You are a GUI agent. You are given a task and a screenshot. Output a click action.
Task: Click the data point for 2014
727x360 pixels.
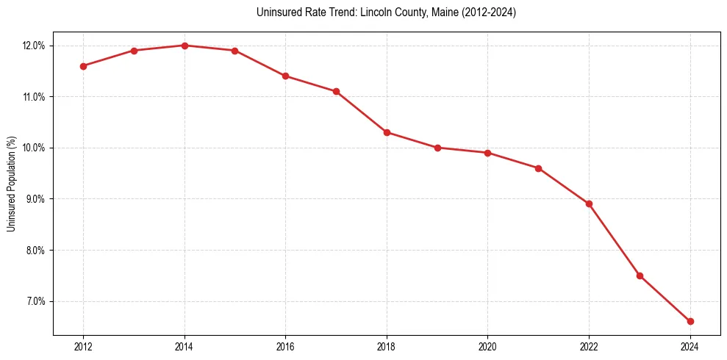click(x=185, y=46)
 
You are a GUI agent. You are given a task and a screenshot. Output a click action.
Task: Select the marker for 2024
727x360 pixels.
click(x=690, y=321)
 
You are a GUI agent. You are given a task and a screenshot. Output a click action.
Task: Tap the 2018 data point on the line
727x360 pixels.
click(x=387, y=132)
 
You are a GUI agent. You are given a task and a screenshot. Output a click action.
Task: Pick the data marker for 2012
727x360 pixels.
click(x=83, y=66)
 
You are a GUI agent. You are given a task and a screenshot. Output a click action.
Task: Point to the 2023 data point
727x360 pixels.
click(x=640, y=276)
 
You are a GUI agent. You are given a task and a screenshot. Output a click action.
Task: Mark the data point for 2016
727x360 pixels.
click(x=285, y=76)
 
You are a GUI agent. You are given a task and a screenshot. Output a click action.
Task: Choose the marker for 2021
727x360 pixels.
click(x=538, y=168)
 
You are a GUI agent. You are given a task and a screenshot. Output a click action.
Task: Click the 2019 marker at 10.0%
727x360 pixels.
click(x=437, y=148)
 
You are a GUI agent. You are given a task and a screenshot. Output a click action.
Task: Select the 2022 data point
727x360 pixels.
click(x=589, y=204)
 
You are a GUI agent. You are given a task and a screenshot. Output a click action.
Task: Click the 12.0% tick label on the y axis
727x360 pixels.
click(x=35, y=46)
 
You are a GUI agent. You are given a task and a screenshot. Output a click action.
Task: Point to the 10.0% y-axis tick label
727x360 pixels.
click(x=35, y=148)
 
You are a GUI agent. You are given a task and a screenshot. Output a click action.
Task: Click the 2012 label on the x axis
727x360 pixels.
click(x=83, y=347)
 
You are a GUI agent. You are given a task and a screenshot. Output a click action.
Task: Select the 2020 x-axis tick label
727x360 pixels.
click(x=487, y=347)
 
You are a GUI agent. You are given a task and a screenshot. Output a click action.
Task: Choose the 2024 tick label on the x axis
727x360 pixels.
click(x=690, y=347)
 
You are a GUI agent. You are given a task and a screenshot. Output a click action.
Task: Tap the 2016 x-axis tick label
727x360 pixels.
click(x=285, y=347)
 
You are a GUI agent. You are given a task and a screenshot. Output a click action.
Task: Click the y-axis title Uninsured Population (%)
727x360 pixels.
click(x=11, y=184)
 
